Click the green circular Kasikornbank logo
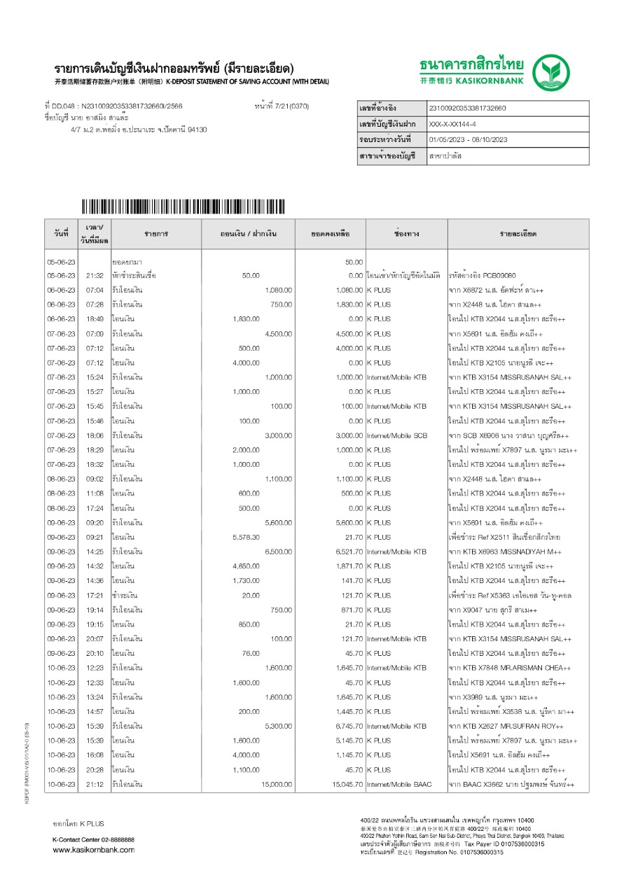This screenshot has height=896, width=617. [555, 73]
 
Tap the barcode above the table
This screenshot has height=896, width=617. [183, 206]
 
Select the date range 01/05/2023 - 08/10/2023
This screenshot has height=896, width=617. [468, 140]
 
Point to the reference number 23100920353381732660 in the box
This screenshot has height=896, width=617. [467, 108]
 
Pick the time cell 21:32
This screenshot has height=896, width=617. [95, 276]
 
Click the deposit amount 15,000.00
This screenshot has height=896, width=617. [277, 785]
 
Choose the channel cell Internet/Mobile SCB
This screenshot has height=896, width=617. [397, 435]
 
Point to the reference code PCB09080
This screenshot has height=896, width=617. [497, 276]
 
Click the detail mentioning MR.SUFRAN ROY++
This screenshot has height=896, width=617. [506, 726]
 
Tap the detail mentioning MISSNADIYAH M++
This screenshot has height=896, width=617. [507, 552]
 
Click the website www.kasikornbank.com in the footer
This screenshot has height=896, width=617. [94, 850]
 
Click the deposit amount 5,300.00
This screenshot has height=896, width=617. [278, 726]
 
